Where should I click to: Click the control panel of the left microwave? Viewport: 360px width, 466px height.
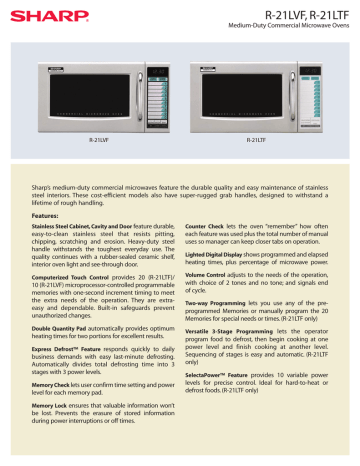[149, 84]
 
